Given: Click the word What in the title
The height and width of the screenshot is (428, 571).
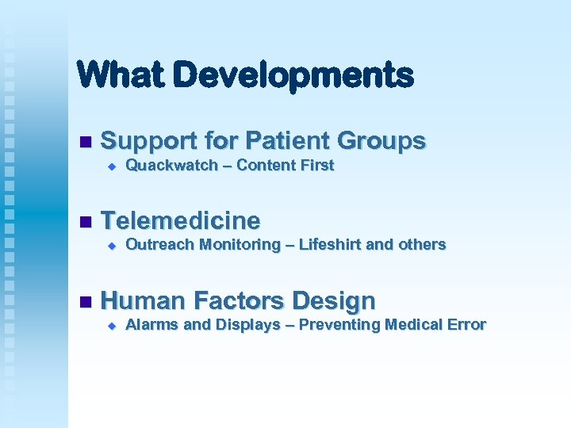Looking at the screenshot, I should point(119,75).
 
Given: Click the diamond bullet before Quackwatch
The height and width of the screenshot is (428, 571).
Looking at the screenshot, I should point(112,166).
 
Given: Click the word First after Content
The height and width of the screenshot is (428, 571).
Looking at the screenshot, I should point(317,166).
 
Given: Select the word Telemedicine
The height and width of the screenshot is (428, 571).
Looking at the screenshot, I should point(181,220).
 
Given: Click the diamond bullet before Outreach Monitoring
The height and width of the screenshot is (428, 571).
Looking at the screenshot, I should point(112,246).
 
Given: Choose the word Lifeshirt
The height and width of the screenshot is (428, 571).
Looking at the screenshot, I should point(331,245).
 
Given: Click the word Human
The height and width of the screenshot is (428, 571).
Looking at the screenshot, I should point(144,301).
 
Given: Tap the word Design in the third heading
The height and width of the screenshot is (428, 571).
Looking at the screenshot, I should point(334,301).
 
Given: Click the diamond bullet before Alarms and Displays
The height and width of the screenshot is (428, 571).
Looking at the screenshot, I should point(112,325).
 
